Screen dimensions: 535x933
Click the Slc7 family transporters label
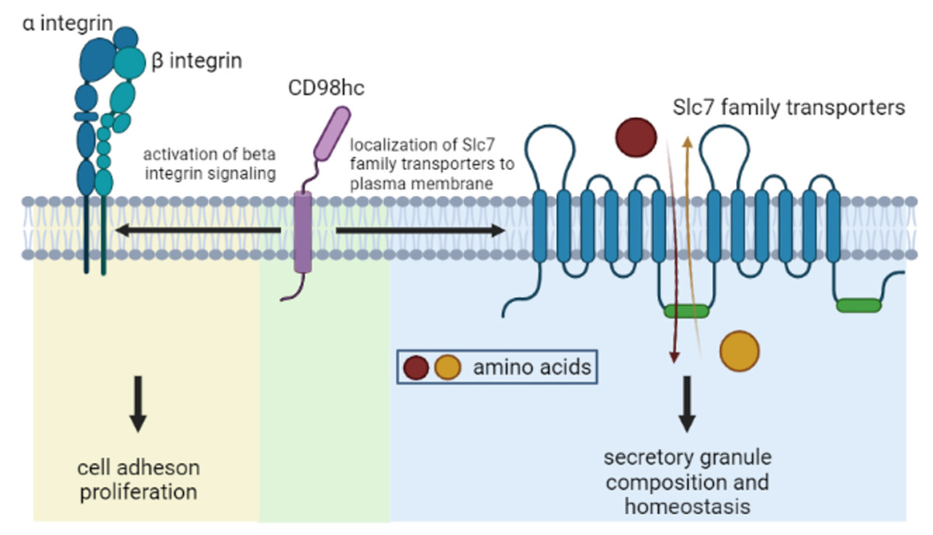(x=789, y=107)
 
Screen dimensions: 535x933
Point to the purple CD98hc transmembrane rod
(x=303, y=231)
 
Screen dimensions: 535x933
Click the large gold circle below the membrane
(x=739, y=351)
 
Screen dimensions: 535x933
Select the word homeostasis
(x=687, y=506)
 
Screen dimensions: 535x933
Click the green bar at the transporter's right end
(x=858, y=306)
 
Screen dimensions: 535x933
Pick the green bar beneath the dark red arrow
(x=687, y=312)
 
